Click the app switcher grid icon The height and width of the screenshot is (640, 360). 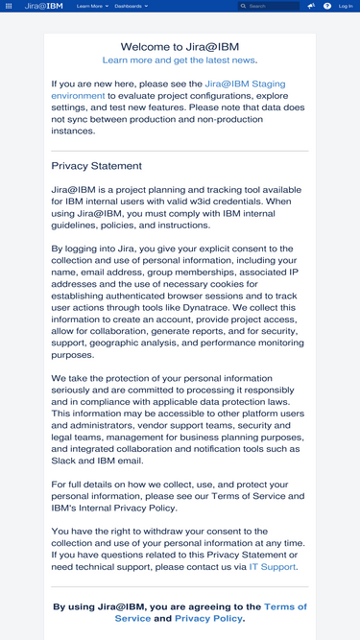point(9,6)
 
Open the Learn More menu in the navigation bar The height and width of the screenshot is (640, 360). point(91,6)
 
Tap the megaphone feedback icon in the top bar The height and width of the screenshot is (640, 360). point(311,6)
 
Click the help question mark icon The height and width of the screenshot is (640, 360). point(327,6)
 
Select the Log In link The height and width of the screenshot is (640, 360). point(346,6)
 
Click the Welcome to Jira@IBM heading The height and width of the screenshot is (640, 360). point(180,46)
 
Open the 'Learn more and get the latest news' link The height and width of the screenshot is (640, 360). point(180,60)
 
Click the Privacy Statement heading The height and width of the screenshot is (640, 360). point(97,166)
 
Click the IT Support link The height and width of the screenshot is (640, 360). point(273,567)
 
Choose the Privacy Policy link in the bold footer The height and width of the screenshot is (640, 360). point(208,619)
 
